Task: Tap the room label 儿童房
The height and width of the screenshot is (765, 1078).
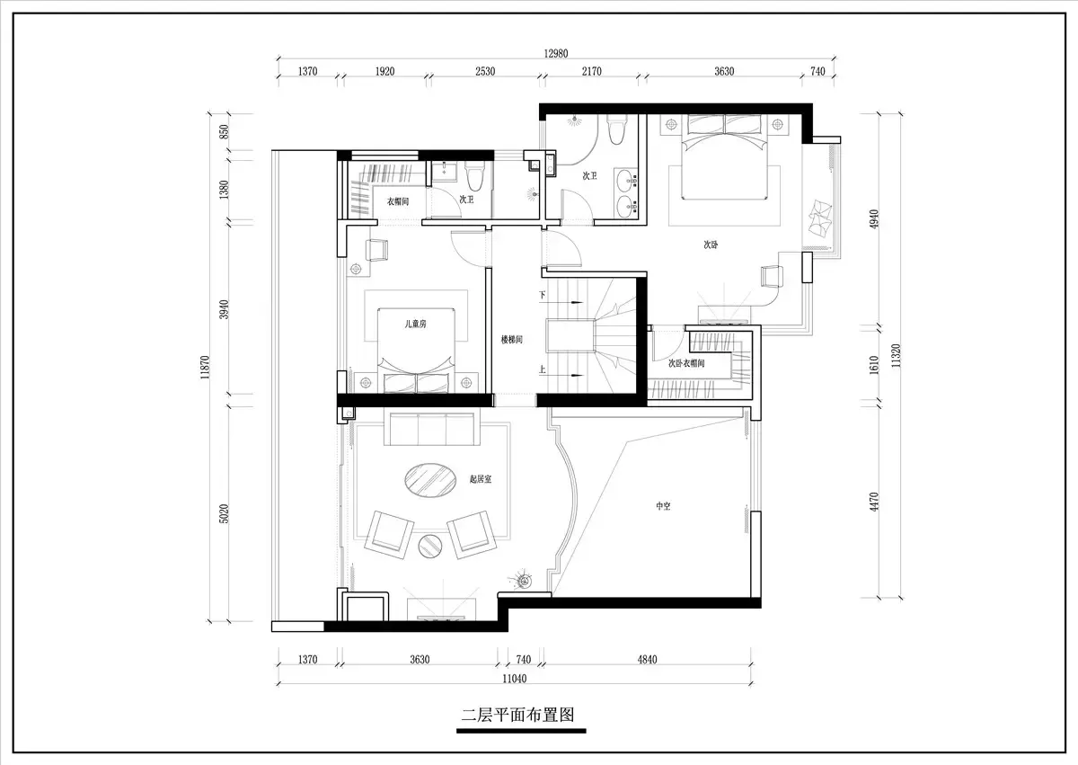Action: point(415,324)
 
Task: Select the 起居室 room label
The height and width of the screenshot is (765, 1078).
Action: point(481,479)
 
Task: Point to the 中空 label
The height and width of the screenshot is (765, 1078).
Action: point(663,506)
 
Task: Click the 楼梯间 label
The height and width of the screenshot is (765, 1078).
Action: point(511,340)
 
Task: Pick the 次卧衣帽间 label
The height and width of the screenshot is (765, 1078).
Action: point(686,363)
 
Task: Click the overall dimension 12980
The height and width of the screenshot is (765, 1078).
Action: point(556,53)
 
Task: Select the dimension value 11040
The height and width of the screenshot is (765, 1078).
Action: point(515,679)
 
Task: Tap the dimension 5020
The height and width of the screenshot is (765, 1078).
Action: point(225,513)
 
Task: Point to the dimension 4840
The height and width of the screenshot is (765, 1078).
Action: point(648,659)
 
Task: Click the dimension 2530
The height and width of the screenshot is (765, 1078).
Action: point(485,71)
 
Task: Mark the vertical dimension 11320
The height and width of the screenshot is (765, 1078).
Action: point(896,356)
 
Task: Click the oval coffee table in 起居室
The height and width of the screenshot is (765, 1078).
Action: point(430,480)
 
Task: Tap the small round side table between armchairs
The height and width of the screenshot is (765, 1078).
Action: point(430,546)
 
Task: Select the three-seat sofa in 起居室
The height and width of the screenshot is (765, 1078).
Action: point(432,429)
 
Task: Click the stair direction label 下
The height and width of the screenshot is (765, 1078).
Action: point(543,295)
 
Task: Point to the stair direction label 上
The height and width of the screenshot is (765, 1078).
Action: point(543,369)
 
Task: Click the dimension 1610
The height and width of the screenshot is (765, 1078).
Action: point(874,365)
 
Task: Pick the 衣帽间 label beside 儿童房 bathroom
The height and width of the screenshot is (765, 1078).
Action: point(398,201)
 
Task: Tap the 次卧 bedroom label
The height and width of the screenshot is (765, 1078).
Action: point(711,245)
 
